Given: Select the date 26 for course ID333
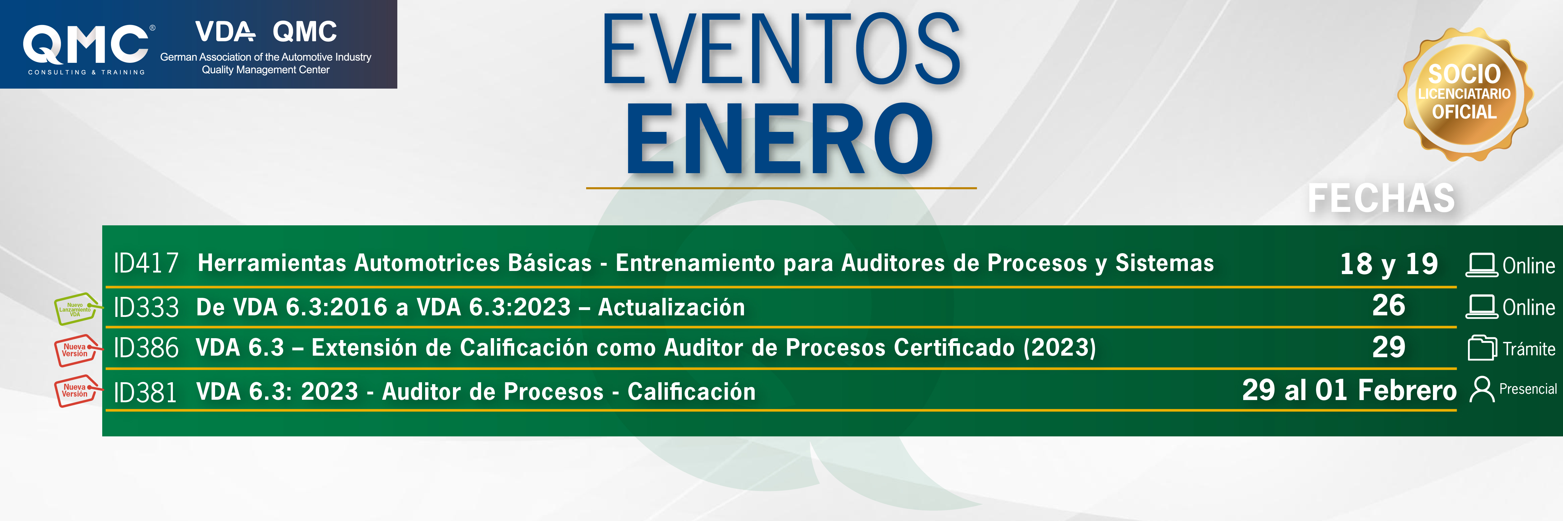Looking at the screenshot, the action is click(1389, 305).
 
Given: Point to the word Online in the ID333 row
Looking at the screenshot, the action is click(1528, 308).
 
